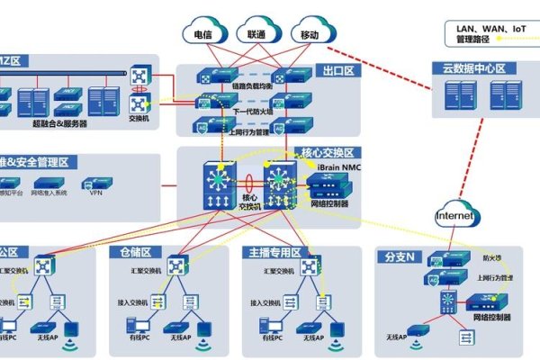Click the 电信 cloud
[204, 34]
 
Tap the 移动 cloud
[309, 34]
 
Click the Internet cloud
[454, 216]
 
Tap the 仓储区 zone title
[130, 253]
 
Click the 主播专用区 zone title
[276, 253]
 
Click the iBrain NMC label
[339, 167]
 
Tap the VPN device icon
[96, 181]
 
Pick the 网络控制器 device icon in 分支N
[477, 302]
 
